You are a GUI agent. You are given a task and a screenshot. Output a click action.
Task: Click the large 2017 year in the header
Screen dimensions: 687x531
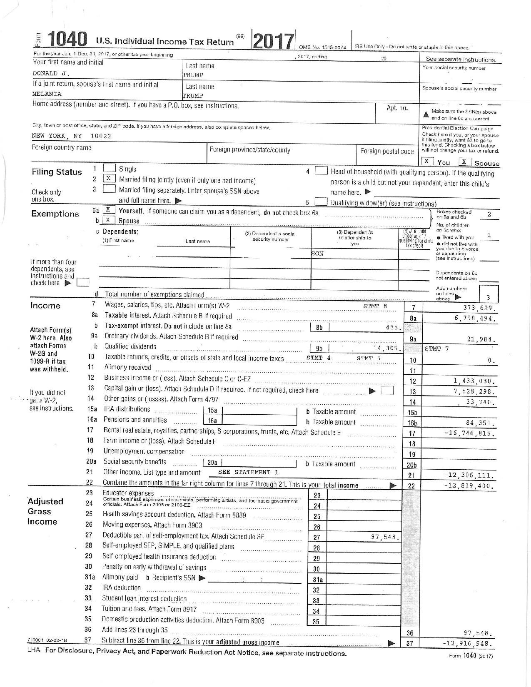coord(273,42)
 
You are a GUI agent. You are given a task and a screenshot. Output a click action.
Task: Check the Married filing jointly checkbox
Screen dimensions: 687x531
coord(109,179)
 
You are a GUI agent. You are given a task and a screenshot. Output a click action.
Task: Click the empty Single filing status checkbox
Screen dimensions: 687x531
coord(109,168)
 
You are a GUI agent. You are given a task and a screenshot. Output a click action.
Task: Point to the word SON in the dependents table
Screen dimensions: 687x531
coord(318,254)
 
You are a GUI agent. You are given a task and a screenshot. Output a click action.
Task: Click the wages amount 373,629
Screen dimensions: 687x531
coord(480,309)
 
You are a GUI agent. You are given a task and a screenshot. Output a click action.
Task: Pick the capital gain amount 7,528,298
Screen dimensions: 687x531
coord(474,391)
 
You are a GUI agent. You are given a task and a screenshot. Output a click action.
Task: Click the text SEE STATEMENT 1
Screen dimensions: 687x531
coord(248,472)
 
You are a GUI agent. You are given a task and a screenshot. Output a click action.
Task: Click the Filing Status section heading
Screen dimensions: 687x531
coord(57,172)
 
